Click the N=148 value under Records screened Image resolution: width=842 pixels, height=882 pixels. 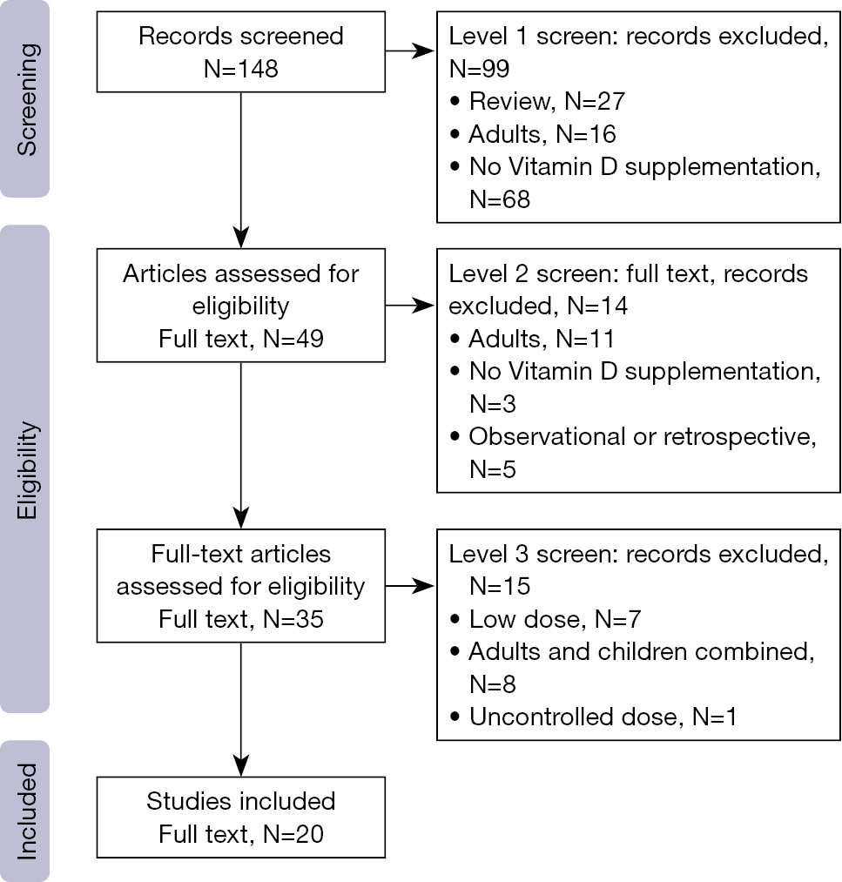tap(240, 69)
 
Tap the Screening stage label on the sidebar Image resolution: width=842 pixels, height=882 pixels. tap(26, 99)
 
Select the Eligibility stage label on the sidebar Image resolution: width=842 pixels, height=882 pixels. tap(26, 470)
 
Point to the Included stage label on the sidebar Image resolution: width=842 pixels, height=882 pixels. tap(26, 811)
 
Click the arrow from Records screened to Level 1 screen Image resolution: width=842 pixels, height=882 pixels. tap(409, 51)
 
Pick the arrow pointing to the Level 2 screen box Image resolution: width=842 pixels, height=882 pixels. tap(409, 306)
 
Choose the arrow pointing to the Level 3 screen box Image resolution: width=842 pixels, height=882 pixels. tap(409, 586)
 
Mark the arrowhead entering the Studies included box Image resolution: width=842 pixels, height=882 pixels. tap(240, 766)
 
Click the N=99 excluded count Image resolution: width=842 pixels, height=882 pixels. tap(479, 69)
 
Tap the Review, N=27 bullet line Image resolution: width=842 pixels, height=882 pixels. tap(538, 102)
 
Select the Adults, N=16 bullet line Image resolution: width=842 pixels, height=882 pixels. tap(533, 134)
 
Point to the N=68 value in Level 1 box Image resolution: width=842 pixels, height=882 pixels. tap(500, 199)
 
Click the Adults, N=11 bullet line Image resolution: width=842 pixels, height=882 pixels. tap(532, 340)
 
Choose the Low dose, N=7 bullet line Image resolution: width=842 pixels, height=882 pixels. tap(546, 619)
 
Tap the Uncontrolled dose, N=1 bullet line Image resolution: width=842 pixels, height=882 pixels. tap(593, 717)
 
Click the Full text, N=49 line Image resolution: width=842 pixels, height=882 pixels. tap(240, 340)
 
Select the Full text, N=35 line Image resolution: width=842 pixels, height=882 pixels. tap(240, 619)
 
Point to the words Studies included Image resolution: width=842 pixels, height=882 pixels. tap(240, 801)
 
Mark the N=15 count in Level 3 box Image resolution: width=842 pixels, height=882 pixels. tap(500, 587)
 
